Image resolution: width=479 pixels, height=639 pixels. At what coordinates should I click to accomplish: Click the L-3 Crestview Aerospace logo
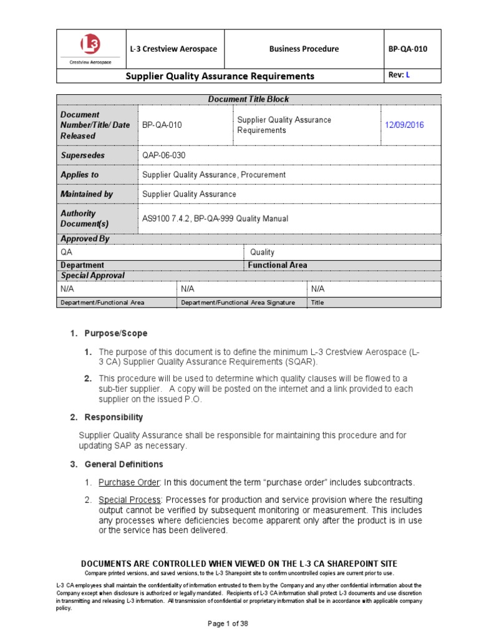88,49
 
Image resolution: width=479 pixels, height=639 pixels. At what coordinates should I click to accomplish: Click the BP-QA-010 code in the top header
407,49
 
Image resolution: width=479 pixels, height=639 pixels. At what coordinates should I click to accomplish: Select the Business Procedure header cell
304,49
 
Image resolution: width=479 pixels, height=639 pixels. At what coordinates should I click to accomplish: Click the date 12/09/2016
404,125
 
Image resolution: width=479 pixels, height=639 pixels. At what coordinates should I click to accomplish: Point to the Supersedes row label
82,155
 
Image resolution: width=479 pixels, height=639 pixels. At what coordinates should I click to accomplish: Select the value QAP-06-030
163,155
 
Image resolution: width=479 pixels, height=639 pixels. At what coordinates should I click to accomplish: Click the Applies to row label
79,175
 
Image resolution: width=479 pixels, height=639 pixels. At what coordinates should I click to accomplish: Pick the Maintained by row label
86,194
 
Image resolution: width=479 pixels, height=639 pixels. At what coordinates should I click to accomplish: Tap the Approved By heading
80,238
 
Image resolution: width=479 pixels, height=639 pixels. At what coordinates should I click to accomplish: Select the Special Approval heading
92,275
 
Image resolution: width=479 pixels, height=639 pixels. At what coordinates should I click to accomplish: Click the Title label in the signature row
317,303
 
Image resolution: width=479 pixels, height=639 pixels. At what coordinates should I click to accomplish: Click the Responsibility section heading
114,417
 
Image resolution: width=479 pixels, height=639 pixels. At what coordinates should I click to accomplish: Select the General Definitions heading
123,464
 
